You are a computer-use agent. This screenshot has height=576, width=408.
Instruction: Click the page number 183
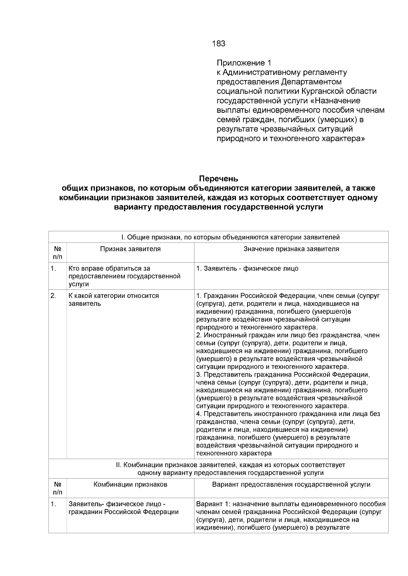pyautogui.click(x=218, y=43)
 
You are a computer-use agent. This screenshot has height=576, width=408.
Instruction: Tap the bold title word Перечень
pyautogui.click(x=218, y=179)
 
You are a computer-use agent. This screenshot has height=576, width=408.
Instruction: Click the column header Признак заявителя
pyautogui.click(x=130, y=249)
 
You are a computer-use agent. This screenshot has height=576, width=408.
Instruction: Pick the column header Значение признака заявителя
pyautogui.click(x=291, y=249)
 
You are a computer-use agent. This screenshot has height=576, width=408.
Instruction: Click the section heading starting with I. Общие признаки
pyautogui.click(x=218, y=237)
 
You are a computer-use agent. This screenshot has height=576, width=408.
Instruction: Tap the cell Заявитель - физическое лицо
pyautogui.click(x=248, y=269)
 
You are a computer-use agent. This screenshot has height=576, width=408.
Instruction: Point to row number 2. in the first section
pyautogui.click(x=53, y=296)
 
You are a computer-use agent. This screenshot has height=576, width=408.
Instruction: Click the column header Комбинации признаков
pyautogui.click(x=130, y=485)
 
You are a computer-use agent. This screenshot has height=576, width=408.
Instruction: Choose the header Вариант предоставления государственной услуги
pyautogui.click(x=291, y=485)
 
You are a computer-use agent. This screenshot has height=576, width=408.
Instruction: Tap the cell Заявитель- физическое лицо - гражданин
pyautogui.click(x=123, y=508)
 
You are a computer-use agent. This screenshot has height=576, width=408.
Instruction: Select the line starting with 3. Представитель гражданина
pyautogui.click(x=283, y=375)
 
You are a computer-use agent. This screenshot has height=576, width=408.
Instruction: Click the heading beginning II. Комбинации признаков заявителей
pyautogui.click(x=231, y=465)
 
